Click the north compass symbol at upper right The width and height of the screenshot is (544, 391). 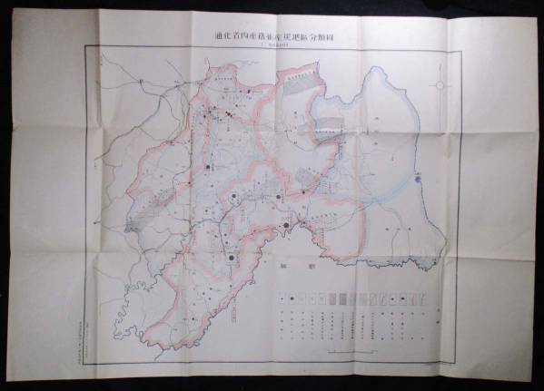point(441,85)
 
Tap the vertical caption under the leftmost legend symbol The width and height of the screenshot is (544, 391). point(281,318)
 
